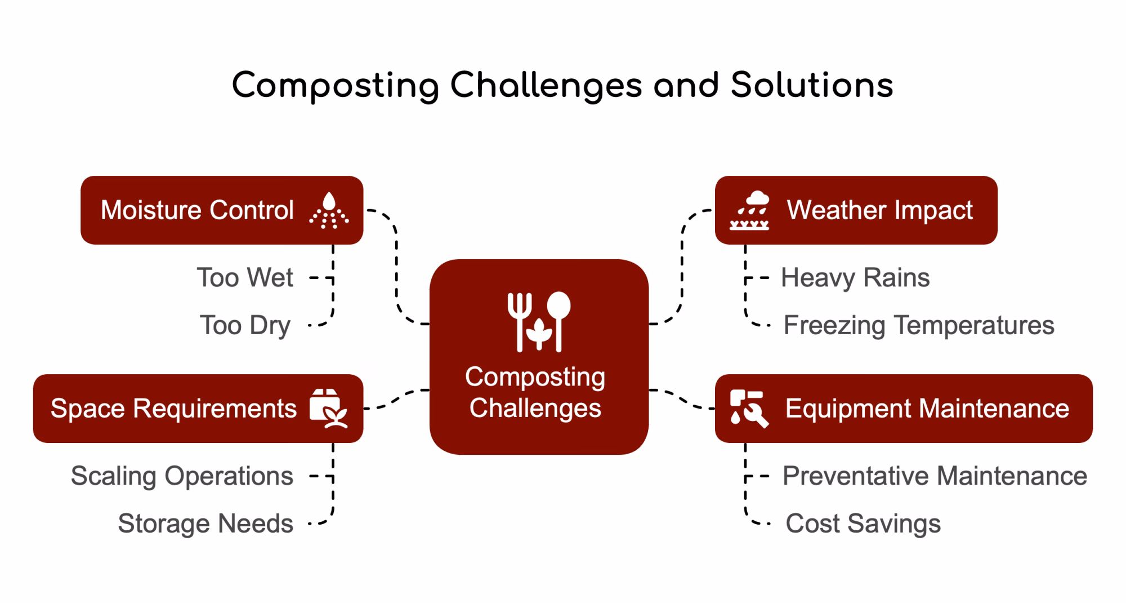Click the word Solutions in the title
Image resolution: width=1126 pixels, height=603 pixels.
[x=812, y=86]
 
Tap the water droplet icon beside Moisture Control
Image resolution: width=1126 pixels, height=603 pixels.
[x=329, y=210]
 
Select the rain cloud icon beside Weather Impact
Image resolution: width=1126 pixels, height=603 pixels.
[x=749, y=210]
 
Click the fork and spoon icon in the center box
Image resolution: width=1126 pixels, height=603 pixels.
[x=539, y=321]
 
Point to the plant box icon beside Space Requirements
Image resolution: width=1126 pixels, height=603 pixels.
[x=328, y=409]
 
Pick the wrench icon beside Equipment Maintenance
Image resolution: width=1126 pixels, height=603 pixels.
[x=749, y=409]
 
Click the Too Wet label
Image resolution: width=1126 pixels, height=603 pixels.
[x=245, y=278]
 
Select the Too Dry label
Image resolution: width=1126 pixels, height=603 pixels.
[x=245, y=325]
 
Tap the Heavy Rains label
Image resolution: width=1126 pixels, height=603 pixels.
[x=855, y=278]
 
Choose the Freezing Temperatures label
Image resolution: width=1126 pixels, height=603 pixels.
[x=919, y=325]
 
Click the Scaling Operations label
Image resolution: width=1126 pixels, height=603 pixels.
[x=182, y=476]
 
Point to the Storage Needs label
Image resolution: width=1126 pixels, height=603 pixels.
[x=205, y=524]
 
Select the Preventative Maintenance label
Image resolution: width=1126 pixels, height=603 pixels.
[x=935, y=476]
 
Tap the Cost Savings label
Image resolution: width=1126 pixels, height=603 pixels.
[x=863, y=524]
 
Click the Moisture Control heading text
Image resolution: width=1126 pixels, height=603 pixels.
[x=197, y=210]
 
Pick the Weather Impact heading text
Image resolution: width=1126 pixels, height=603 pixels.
[x=879, y=210]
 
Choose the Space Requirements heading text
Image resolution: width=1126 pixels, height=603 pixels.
[x=173, y=409]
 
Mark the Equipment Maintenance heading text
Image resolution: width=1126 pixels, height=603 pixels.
[x=927, y=409]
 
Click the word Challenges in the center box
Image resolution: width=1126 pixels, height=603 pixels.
[x=535, y=408]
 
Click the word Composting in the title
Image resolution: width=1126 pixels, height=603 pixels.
[x=335, y=86]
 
